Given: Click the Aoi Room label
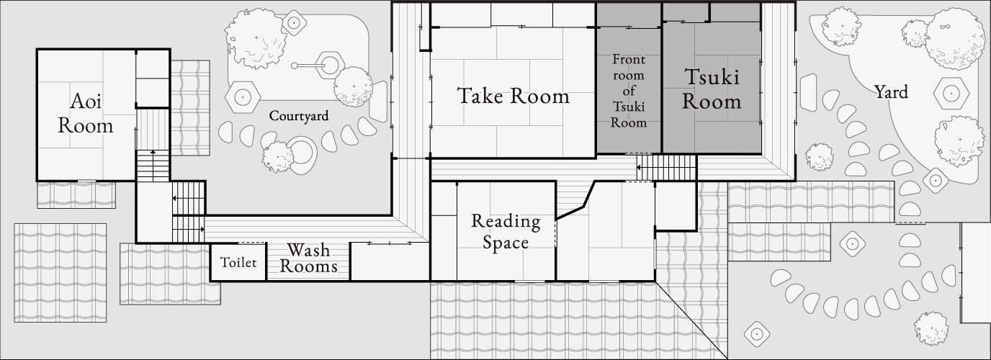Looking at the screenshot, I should [x=86, y=113].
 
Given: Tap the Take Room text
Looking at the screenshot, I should [x=513, y=96].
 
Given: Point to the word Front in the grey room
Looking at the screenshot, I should [x=628, y=59].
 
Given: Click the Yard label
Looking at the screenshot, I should [x=890, y=91].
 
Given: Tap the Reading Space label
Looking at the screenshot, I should [x=506, y=231].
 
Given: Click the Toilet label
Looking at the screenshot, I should [x=238, y=263].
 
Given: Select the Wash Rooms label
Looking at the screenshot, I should [x=308, y=258].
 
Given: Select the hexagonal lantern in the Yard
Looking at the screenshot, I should [x=952, y=93].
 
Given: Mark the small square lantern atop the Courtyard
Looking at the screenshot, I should [x=293, y=22].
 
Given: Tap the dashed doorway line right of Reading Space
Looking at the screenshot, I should [x=555, y=234].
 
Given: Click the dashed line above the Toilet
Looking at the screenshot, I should [x=249, y=243].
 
